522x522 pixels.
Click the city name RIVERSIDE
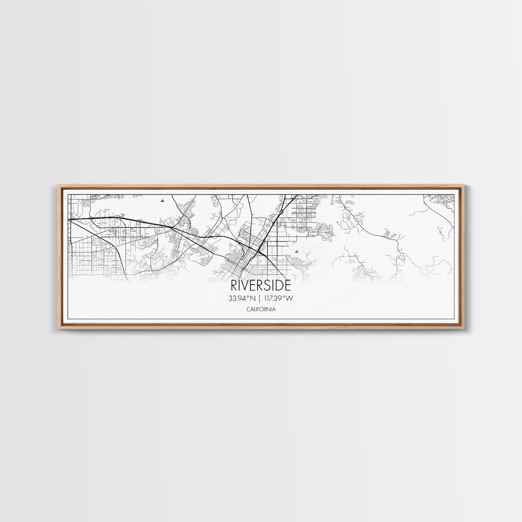coord(261,286)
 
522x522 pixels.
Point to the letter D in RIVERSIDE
coord(278,286)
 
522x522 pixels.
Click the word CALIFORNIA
coord(261,309)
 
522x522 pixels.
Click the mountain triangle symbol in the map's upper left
coord(162,200)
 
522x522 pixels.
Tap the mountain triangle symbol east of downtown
coord(296,251)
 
